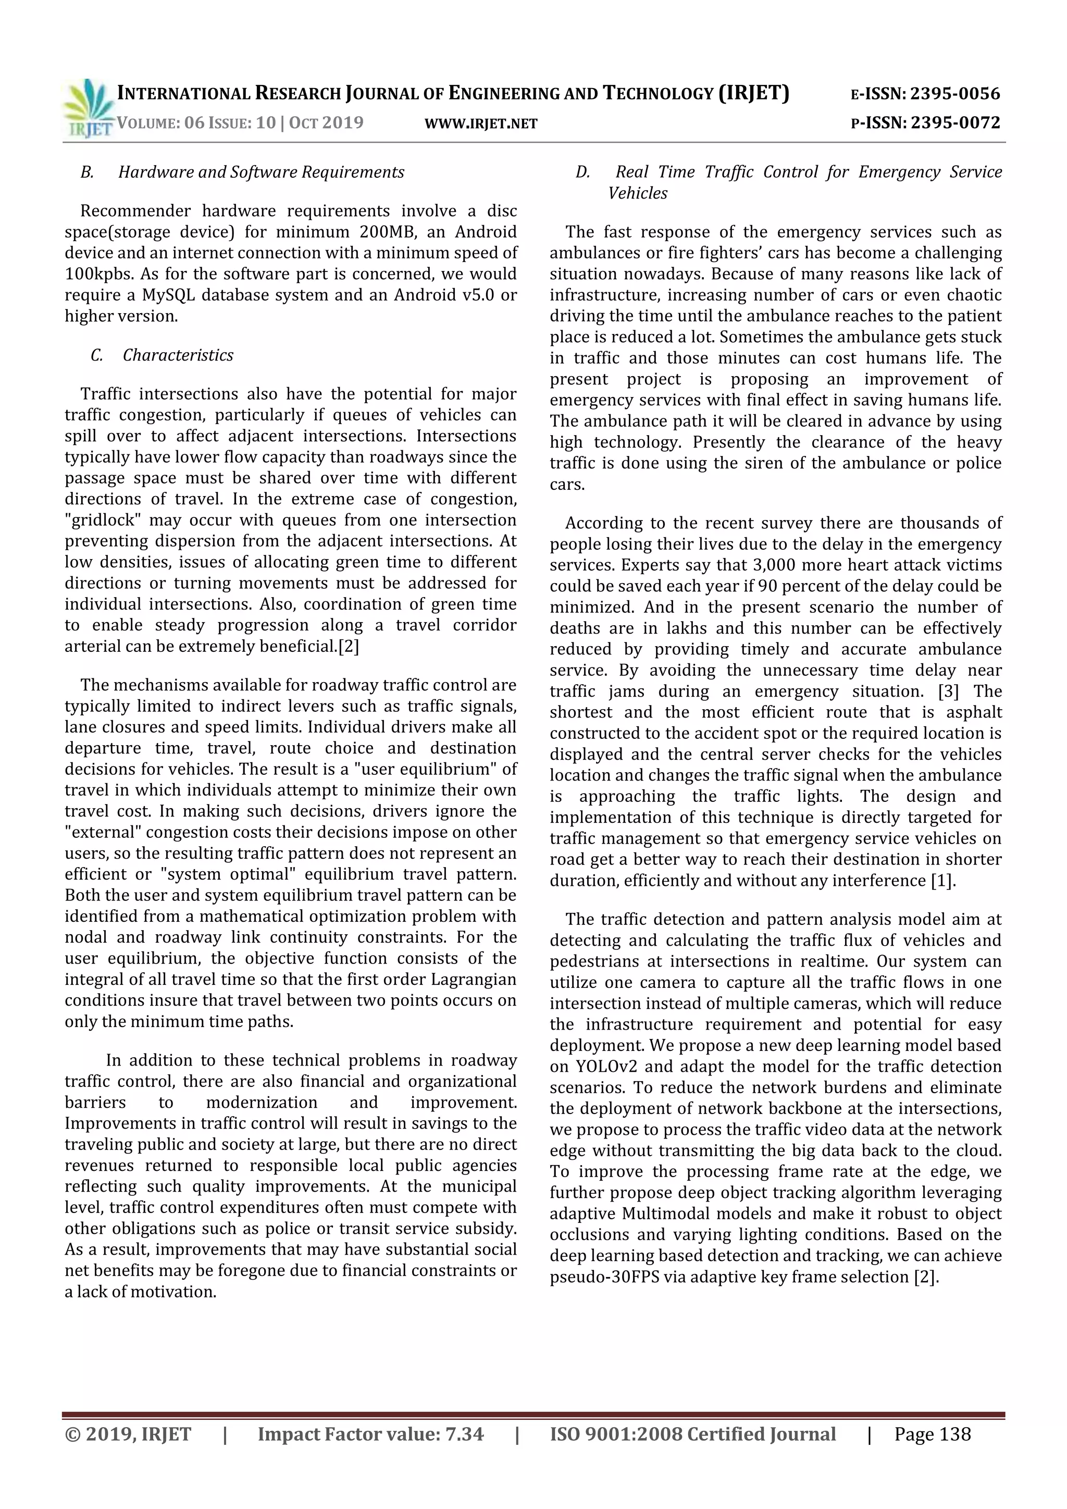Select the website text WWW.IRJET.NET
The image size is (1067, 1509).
(x=481, y=123)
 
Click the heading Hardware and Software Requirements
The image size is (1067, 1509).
(x=261, y=172)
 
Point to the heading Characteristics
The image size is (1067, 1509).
(x=178, y=355)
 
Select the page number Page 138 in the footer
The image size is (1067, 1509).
(x=932, y=1434)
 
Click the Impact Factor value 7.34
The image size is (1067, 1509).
(x=464, y=1434)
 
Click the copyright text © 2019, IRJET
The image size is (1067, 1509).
(x=128, y=1434)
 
